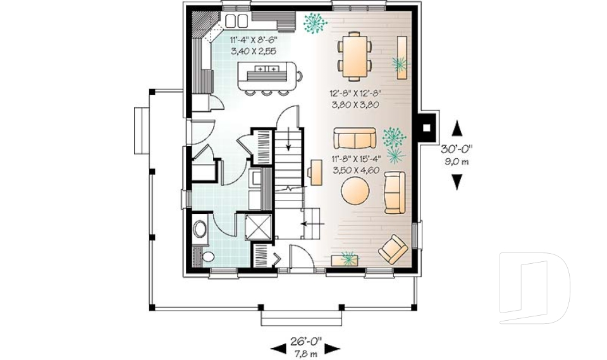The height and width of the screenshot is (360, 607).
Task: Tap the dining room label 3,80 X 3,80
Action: click(x=353, y=106)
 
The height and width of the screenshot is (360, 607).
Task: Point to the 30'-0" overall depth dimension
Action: click(x=457, y=150)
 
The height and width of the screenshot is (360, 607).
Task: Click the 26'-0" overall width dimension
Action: click(x=305, y=340)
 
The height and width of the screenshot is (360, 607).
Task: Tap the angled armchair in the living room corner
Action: click(x=393, y=249)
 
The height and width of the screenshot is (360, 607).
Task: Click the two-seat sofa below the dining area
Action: click(x=354, y=138)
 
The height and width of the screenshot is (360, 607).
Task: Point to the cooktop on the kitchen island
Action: click(x=266, y=68)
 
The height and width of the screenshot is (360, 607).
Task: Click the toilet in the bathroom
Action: click(x=200, y=229)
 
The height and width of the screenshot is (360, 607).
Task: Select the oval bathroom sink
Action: click(x=208, y=256)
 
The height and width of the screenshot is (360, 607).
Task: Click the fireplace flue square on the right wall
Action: click(x=427, y=127)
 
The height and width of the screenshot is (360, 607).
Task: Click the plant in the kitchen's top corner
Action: click(x=314, y=23)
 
